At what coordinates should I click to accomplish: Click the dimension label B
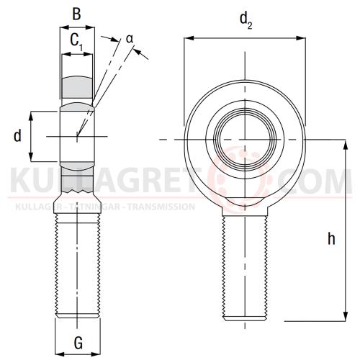coord(77,13)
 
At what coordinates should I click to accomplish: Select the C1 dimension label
coord(76,43)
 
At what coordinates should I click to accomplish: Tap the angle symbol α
coord(130,37)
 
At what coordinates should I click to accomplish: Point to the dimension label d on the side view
coord(17,135)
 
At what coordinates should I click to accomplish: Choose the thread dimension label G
coord(77,343)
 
